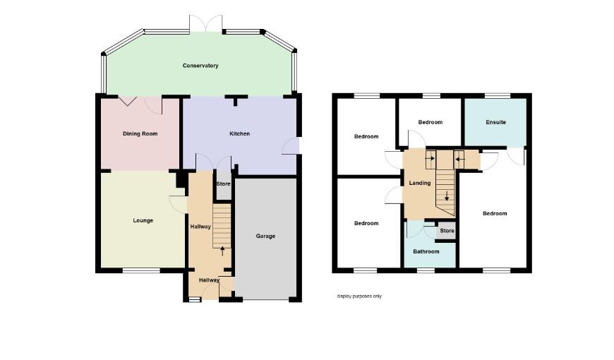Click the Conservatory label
coord(200,66)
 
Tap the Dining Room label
coord(140,133)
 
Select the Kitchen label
coord(239,133)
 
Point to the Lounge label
coord(143,220)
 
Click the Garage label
coord(265,236)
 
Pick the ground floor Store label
coord(224,184)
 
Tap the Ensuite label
coord(495,122)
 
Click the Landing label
coord(420,183)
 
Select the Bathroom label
coord(426,251)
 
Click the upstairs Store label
coord(447,231)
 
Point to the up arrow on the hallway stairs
coord(223,251)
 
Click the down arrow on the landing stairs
coord(447,196)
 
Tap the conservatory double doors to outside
coord(206,24)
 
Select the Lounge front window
coord(141,270)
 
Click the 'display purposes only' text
coord(359,296)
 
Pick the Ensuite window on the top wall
coord(498,95)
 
